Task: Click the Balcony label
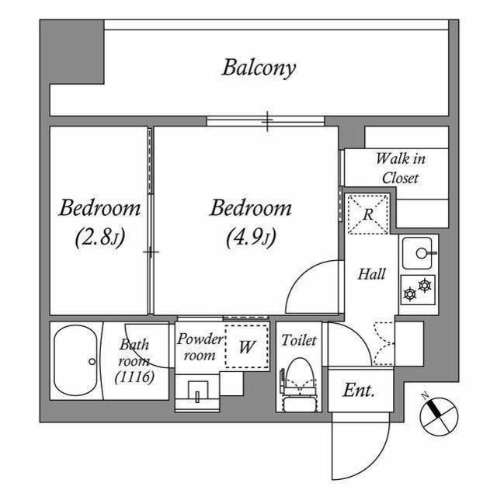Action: point(259,68)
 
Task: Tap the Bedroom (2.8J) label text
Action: point(100,221)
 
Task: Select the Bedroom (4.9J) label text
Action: point(251,221)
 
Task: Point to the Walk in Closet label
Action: point(400,168)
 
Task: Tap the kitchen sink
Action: point(419,252)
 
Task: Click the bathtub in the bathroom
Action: point(75,361)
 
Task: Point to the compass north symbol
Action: point(439,413)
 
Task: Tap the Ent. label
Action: point(359,391)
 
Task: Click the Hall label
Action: point(371,274)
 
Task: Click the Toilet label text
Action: point(299,339)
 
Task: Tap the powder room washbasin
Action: point(197,394)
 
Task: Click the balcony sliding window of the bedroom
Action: point(266,120)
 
